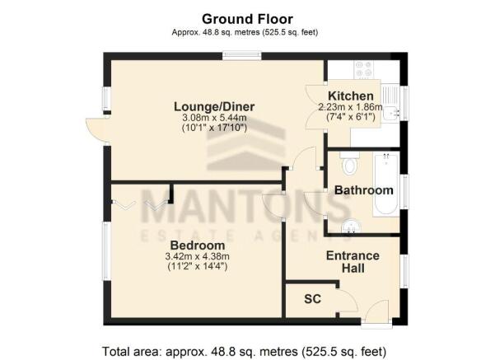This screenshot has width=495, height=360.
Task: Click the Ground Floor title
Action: (247, 19)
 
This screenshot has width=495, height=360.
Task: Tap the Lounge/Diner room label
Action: (214, 107)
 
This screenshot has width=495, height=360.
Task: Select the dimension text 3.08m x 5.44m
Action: (214, 118)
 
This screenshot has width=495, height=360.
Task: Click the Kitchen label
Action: (350, 96)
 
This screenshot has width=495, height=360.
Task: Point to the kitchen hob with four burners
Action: (364, 69)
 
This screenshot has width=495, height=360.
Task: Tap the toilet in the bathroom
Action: (349, 162)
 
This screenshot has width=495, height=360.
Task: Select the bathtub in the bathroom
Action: (385, 184)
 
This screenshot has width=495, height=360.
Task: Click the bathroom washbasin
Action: (350, 226)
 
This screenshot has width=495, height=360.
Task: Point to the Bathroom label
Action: (364, 190)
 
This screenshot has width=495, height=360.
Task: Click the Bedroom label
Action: (198, 245)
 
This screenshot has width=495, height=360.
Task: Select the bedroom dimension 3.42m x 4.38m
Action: (198, 256)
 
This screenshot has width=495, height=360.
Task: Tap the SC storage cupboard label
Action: (312, 299)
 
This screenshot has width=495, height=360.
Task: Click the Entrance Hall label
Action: (353, 262)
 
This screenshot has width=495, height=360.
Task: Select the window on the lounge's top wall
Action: (242, 56)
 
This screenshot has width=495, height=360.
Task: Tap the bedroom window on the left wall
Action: (107, 252)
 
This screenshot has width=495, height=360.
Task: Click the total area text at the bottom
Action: (244, 352)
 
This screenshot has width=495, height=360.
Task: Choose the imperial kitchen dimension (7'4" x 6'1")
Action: (350, 117)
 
